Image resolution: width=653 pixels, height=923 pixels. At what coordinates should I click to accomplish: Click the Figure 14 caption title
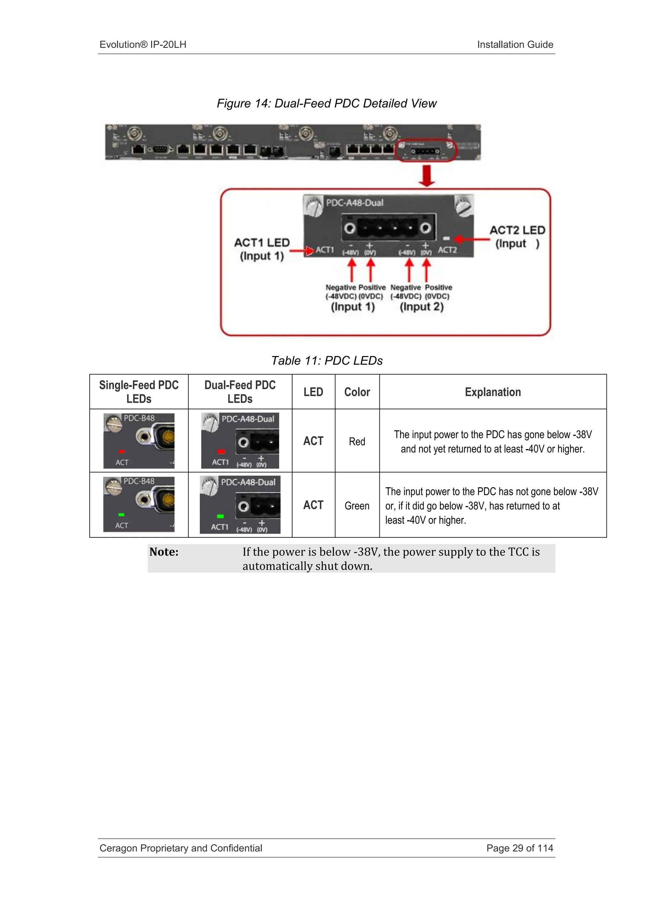[326, 103]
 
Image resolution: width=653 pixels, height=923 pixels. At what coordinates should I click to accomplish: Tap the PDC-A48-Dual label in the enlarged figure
[354, 203]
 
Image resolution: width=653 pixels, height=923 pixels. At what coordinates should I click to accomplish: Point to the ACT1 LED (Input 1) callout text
[262, 249]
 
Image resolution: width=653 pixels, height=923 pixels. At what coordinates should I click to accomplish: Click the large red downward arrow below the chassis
[427, 176]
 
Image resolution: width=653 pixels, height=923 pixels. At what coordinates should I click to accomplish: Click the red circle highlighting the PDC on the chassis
[426, 151]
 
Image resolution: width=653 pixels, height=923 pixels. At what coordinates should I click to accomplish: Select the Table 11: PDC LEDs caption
[326, 360]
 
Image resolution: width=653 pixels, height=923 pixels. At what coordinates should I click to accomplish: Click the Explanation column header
[493, 392]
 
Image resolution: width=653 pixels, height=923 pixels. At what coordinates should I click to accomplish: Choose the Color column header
[357, 392]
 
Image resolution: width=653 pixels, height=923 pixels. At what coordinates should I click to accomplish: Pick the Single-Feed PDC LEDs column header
[139, 392]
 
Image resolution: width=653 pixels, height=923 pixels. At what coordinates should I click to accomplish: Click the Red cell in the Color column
[357, 441]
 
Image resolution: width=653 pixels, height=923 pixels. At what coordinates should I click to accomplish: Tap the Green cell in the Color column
[357, 506]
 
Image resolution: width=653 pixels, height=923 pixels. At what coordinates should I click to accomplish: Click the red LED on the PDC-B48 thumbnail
[122, 451]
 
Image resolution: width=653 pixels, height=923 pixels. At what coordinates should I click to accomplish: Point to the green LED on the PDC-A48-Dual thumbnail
[220, 516]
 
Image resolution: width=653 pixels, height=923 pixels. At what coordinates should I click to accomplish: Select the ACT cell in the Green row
[313, 505]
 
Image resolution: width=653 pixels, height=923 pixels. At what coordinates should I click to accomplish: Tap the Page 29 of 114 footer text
[519, 848]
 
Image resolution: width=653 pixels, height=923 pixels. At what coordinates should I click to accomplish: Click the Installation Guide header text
[515, 45]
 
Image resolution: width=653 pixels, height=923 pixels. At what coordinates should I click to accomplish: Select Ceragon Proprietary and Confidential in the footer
[180, 848]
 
